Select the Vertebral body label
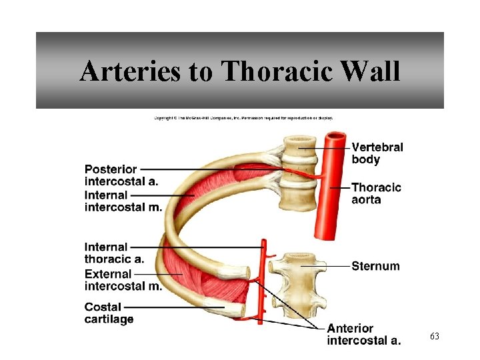(x=377, y=153)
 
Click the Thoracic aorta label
(x=376, y=193)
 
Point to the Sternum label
(x=375, y=266)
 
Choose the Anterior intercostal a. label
(x=363, y=335)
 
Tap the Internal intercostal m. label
(x=123, y=201)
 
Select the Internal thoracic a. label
(x=113, y=253)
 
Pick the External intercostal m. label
(x=123, y=279)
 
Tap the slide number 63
(x=434, y=337)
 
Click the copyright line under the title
(x=243, y=118)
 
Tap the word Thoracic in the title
(x=279, y=71)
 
